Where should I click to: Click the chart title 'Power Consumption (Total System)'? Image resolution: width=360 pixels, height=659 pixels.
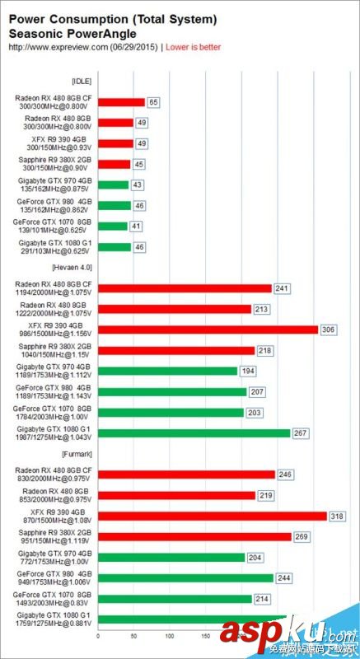click(x=113, y=18)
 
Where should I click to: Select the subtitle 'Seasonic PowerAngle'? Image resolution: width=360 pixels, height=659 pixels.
click(x=72, y=33)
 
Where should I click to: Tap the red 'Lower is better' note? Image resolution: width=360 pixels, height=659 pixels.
click(x=194, y=48)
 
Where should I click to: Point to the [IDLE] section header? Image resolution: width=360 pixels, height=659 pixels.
click(x=82, y=81)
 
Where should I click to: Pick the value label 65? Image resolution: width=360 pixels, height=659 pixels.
click(x=152, y=102)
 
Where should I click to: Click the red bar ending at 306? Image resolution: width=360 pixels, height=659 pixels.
click(x=208, y=329)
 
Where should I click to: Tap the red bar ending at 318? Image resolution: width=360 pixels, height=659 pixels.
click(x=212, y=516)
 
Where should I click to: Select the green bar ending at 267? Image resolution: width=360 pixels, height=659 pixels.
click(x=194, y=432)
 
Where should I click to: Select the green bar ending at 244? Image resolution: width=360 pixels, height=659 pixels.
click(x=186, y=577)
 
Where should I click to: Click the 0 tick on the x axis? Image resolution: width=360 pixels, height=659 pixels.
click(x=98, y=636)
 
